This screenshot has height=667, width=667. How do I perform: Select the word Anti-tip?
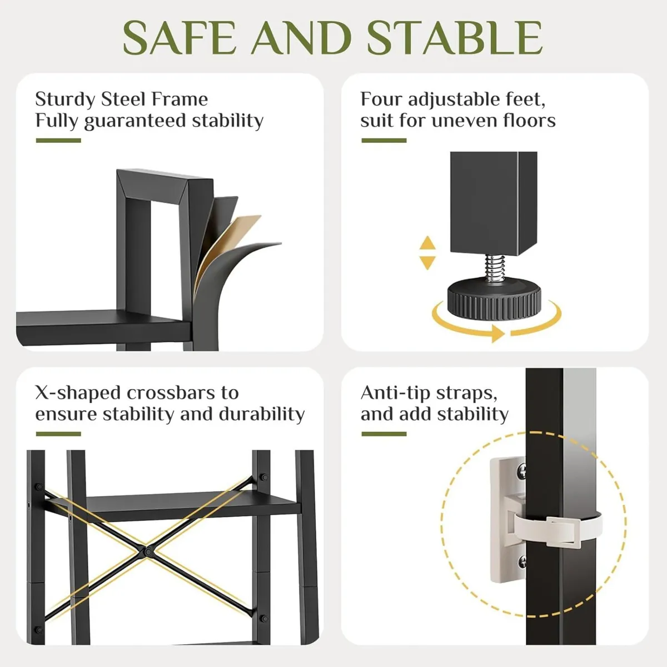(395, 393)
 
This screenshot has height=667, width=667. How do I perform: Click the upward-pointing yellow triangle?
(427, 243)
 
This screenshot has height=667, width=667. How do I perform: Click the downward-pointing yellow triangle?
(427, 263)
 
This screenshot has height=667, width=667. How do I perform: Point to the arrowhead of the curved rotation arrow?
(497, 334)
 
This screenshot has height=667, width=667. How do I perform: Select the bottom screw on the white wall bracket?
(522, 563)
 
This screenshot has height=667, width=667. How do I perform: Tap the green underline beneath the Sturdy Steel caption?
(58, 141)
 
